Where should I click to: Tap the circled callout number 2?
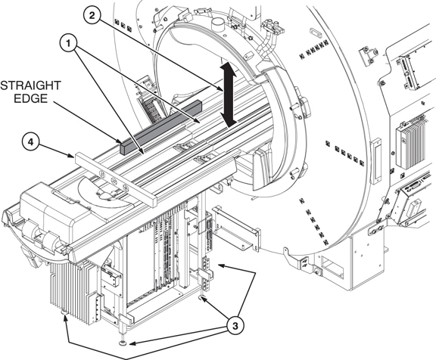click(x=92, y=15)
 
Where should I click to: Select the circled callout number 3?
click(x=235, y=325)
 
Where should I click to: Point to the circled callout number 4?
click(x=30, y=142)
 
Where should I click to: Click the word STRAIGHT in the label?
click(x=30, y=85)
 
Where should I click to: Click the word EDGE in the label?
click(x=30, y=98)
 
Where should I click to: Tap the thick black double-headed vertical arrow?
click(x=229, y=95)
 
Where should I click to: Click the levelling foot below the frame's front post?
click(x=122, y=344)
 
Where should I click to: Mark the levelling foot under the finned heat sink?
click(x=64, y=313)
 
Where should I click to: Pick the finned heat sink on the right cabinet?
click(x=411, y=143)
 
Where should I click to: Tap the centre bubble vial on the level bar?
click(x=114, y=181)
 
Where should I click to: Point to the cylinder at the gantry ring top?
click(x=218, y=24)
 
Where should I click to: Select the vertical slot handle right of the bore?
click(x=376, y=161)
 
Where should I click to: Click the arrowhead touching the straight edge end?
click(x=120, y=141)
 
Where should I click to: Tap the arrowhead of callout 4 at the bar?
click(x=72, y=156)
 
